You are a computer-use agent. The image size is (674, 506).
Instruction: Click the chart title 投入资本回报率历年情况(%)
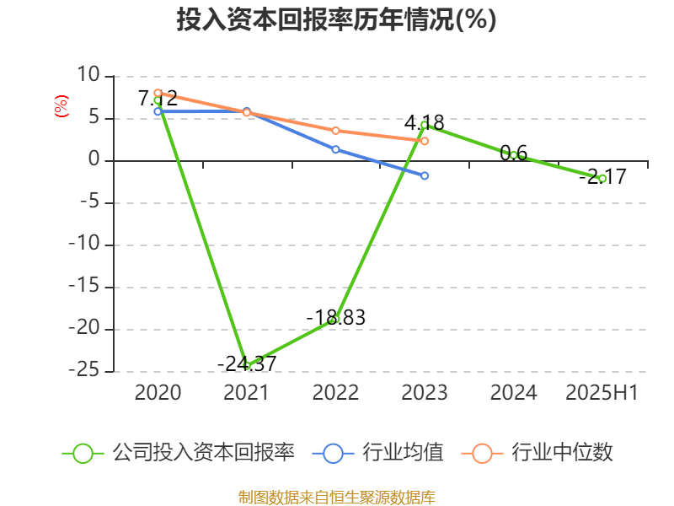pos(336,20)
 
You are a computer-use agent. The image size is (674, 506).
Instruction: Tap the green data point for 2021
pos(247,365)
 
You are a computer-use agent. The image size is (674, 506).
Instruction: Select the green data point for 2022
pos(335,319)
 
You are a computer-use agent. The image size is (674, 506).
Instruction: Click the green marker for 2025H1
pos(602,179)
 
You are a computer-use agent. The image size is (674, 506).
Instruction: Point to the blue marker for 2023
pos(425,175)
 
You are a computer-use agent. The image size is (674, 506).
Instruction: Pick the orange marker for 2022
pos(335,131)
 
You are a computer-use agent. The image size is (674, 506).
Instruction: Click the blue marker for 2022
pos(335,149)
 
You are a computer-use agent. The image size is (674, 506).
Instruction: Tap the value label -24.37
pos(247,364)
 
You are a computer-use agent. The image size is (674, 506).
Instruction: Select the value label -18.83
pos(335,317)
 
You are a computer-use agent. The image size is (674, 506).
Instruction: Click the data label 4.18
pos(424,121)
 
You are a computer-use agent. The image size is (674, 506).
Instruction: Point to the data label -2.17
pos(607,177)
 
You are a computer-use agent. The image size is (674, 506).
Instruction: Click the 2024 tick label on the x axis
pos(513,393)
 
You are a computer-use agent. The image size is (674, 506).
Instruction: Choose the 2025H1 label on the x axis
pos(602,393)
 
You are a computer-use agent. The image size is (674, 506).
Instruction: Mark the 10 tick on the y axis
pos(88,76)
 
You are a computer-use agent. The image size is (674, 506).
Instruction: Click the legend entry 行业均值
pos(403,453)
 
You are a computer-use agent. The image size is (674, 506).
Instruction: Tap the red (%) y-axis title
pos(61,105)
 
